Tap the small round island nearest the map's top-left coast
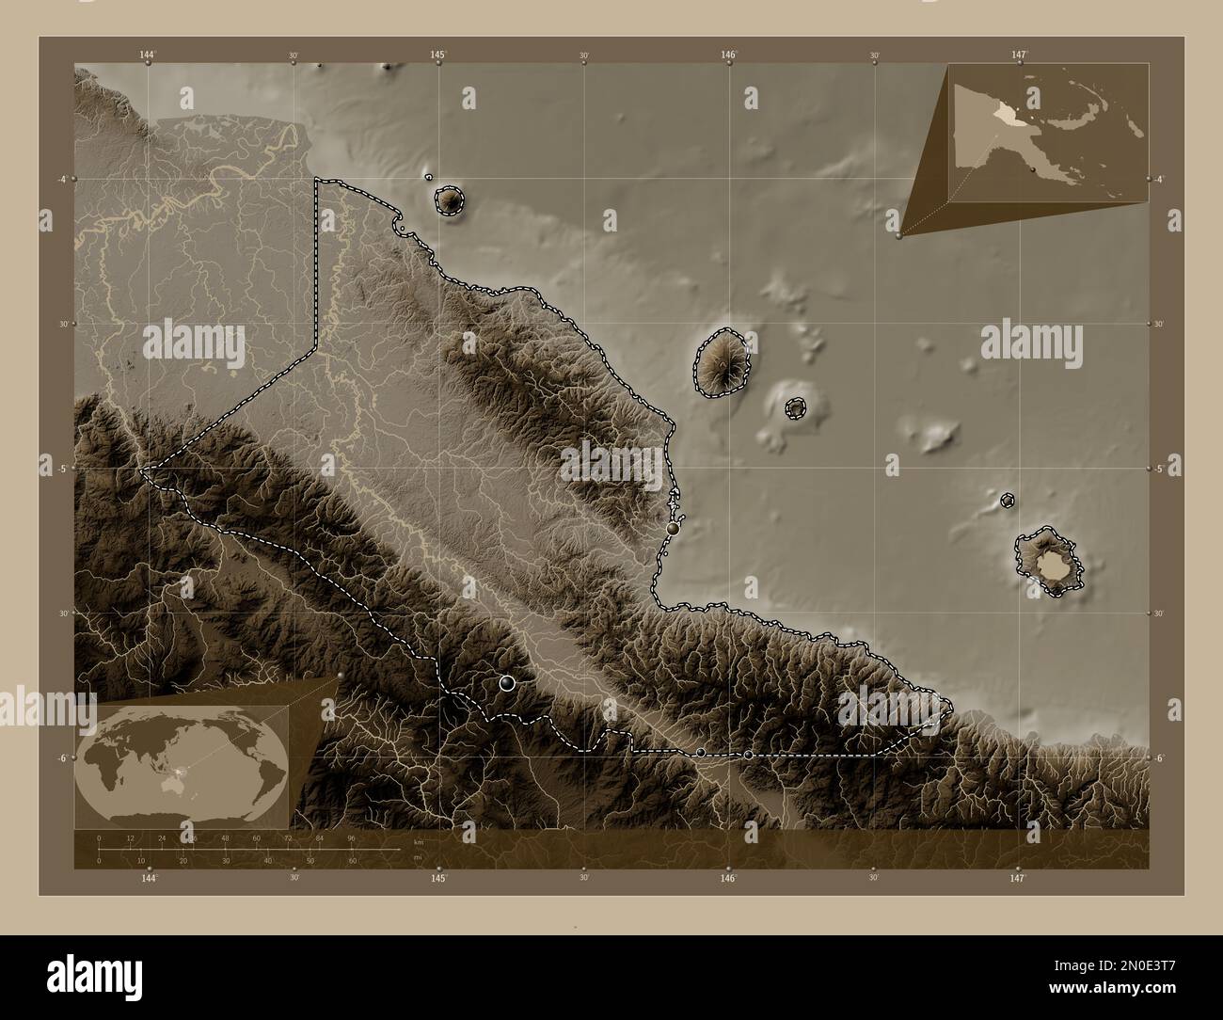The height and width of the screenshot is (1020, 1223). tap(450, 199)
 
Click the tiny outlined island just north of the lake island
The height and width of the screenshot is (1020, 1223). tap(1008, 501)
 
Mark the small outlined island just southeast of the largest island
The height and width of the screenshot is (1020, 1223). tap(796, 407)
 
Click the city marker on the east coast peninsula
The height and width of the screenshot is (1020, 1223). tap(673, 530)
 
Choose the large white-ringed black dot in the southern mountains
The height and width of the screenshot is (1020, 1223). tap(508, 683)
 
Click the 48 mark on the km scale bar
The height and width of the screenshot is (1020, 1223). tap(225, 837)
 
